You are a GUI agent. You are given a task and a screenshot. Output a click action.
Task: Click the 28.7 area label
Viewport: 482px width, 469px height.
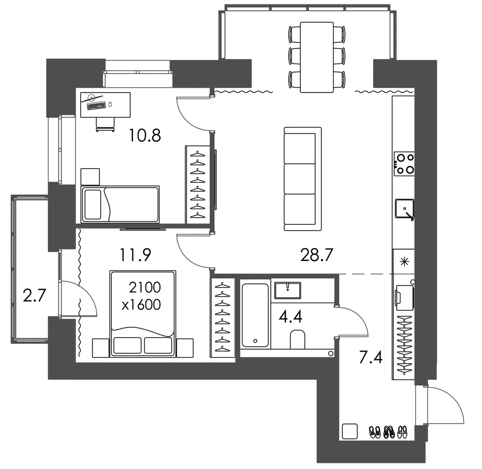[317, 255]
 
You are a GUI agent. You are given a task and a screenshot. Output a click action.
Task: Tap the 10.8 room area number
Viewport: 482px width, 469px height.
[145, 136]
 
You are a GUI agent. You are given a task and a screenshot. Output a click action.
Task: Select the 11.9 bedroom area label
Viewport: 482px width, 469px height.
[135, 255]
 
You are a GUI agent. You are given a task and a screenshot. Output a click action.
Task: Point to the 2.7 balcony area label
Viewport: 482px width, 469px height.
[34, 295]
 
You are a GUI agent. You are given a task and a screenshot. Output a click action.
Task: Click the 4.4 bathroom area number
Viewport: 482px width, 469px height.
[291, 317]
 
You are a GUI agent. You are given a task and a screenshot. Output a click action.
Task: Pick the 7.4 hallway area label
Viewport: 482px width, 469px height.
[371, 358]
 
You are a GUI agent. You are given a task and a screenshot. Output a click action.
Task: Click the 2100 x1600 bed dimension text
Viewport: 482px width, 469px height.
[142, 296]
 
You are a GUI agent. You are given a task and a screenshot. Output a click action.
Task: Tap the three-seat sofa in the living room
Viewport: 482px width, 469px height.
[303, 179]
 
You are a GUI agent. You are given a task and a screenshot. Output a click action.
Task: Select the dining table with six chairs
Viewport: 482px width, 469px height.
[317, 57]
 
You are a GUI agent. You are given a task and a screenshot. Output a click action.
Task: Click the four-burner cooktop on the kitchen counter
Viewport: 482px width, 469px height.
[404, 164]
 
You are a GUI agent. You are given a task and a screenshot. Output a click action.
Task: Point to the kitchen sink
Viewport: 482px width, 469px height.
[404, 208]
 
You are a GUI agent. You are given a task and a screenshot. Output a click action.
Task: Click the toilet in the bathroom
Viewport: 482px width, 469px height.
[297, 339]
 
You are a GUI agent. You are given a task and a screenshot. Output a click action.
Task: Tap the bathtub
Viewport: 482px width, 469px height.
[255, 315]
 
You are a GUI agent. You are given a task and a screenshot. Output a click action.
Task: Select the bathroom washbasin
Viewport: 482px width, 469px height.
[287, 290]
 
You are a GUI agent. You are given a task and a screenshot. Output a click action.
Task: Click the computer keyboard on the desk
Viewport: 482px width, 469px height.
[96, 106]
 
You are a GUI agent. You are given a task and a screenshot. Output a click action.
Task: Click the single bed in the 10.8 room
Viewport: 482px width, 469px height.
[120, 204]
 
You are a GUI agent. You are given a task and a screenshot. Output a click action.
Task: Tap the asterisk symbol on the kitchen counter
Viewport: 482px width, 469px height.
[404, 262]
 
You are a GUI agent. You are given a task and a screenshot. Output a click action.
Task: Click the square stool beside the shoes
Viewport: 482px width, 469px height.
[350, 431]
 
